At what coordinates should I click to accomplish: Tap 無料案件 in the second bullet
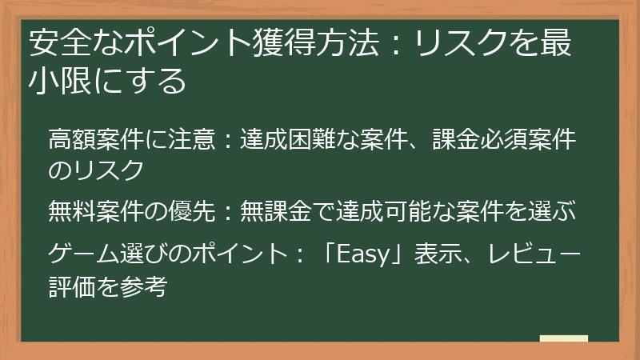tap(87, 211)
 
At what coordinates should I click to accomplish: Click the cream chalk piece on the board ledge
tap(563, 338)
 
